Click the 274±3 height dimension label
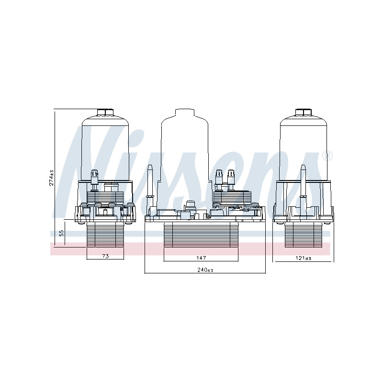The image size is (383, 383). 52,178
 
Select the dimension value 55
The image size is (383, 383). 62,233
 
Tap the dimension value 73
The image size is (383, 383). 105,256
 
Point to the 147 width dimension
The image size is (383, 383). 201,258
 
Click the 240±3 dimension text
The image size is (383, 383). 205,270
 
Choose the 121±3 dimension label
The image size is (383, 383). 303,258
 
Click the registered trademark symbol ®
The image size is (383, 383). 327,156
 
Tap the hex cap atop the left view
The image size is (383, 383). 105,113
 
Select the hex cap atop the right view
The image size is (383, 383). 304,113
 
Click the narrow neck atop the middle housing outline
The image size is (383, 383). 185,113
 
